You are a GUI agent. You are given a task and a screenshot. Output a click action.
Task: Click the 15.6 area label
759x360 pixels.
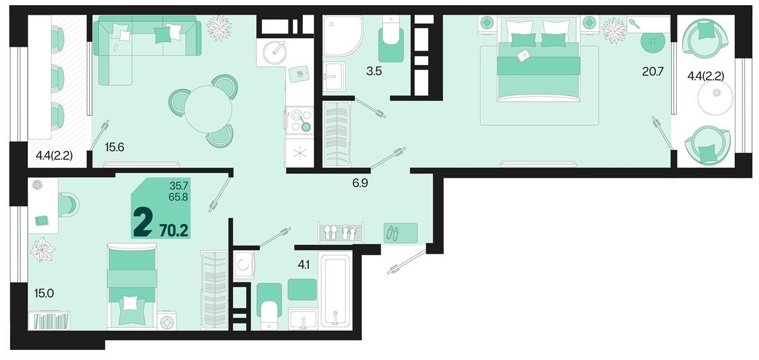pos(115,147)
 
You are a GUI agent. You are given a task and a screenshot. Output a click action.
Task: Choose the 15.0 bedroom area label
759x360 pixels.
pos(44,292)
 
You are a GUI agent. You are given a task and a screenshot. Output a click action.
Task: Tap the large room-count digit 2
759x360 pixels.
pos(143,223)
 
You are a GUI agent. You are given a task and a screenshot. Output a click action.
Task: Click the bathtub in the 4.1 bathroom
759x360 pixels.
pos(335,290)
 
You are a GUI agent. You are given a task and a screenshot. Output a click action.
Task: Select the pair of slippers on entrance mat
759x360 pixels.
pos(392,233)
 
